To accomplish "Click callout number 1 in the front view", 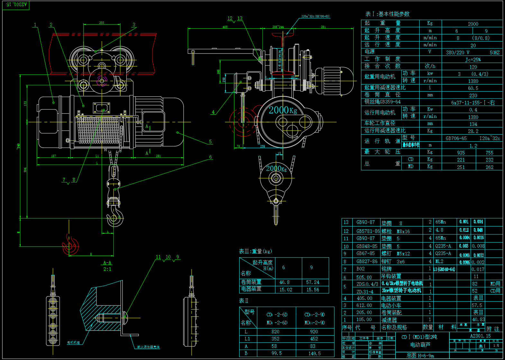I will tap(35, 25).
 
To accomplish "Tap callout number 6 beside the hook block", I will tap(211, 157).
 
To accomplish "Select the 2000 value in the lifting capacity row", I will tap(473, 24).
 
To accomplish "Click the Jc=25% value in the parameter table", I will tap(473, 59).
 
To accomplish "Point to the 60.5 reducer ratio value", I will tap(473, 88).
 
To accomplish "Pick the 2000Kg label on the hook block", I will tap(276, 168).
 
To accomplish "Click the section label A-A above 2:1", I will tap(107, 263).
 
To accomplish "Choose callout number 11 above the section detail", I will tap(158, 257).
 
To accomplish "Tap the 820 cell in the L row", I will tap(275, 331).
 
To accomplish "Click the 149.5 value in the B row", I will tap(314, 353).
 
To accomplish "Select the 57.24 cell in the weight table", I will tap(312, 282).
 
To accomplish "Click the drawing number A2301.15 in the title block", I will tap(480, 336).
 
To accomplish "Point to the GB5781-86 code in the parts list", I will tap(368, 231).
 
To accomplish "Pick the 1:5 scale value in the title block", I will tap(496, 346).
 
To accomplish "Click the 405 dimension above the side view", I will tap(225, 27).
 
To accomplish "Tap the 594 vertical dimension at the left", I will tap(25, 170).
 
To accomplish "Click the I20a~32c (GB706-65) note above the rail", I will tap(315, 16).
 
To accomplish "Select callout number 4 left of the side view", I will tap(213, 112).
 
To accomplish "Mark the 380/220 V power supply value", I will tap(457, 52).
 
